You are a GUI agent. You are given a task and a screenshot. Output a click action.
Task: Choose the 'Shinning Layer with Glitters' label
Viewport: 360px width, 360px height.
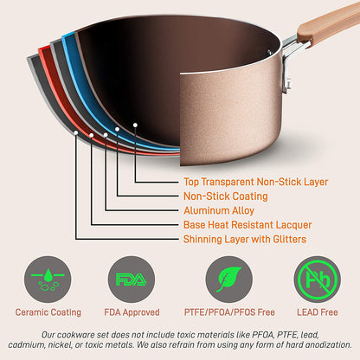pyautogui.click(x=247, y=239)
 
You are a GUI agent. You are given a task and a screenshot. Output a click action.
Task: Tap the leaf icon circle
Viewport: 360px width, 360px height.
pyautogui.click(x=228, y=280)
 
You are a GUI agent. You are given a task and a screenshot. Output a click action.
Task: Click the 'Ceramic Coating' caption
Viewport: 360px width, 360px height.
pyautogui.click(x=48, y=312)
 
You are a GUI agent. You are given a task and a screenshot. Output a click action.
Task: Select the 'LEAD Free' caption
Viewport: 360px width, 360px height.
pyautogui.click(x=318, y=312)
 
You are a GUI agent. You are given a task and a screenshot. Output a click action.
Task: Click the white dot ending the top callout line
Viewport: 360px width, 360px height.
pyautogui.click(x=135, y=125)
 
